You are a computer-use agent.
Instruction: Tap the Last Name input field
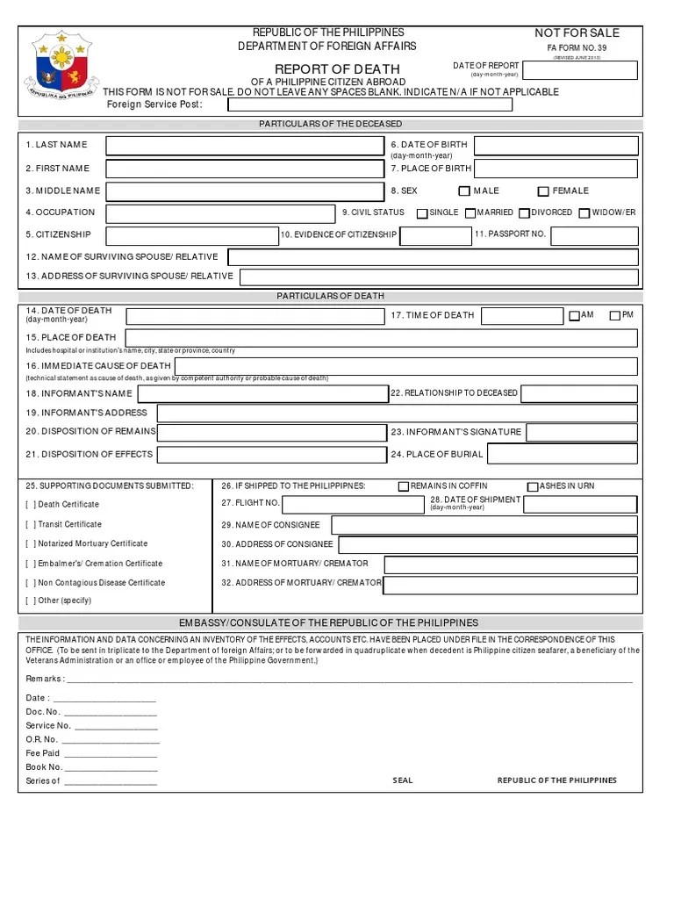click(x=245, y=146)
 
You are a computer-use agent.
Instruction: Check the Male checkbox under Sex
click(x=464, y=191)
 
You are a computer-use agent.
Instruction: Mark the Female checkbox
click(x=543, y=191)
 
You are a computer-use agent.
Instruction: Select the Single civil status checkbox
click(x=422, y=213)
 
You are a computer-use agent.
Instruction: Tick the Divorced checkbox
click(x=524, y=213)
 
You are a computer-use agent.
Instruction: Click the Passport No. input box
click(x=594, y=235)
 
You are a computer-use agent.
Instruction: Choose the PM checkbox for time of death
click(x=615, y=315)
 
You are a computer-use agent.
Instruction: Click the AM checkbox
click(x=574, y=315)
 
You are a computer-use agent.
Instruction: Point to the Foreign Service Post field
click(x=369, y=105)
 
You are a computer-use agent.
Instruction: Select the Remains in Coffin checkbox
click(x=404, y=486)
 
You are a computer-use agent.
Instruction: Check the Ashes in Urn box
click(x=533, y=486)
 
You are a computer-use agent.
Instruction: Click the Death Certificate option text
click(x=68, y=505)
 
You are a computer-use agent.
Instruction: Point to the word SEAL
click(x=403, y=780)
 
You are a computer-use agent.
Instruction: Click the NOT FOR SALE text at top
click(x=577, y=33)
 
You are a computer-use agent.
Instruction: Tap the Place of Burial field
click(x=563, y=454)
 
